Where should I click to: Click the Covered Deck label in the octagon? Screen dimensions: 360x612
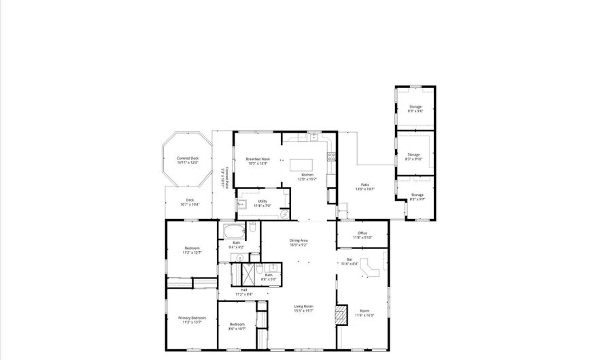tap(187, 160)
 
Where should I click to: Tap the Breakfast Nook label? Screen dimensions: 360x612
tap(258, 161)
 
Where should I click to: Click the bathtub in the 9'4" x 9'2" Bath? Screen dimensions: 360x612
tap(233, 229)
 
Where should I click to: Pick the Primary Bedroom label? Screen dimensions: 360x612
tap(192, 320)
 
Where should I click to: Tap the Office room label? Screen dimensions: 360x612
tap(362, 235)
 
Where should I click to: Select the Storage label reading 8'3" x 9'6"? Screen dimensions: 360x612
tap(415, 109)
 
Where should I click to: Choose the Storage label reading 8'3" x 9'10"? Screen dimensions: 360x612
tap(414, 157)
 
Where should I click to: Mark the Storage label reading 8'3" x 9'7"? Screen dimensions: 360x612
tap(417, 197)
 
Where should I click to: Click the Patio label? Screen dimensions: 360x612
tap(365, 187)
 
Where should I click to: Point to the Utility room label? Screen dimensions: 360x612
tap(262, 203)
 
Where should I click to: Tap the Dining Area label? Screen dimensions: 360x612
tap(299, 242)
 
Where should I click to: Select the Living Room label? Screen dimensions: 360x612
tap(303, 308)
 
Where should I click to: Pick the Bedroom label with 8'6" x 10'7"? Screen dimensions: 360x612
tap(237, 326)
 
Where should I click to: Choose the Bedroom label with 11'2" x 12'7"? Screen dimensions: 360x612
tap(192, 250)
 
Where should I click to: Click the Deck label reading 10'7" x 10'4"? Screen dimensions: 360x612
tap(190, 202)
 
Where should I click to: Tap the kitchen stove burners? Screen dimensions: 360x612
tap(331, 156)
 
